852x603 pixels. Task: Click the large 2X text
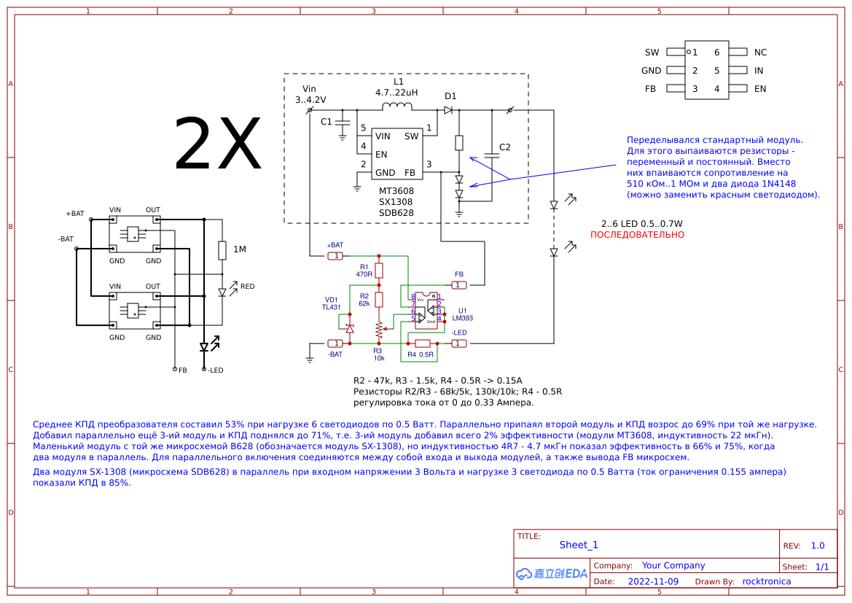click(217, 144)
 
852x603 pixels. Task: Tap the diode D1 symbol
click(448, 110)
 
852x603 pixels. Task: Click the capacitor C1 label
click(326, 121)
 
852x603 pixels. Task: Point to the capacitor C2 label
click(504, 147)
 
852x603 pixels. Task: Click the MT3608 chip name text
click(396, 190)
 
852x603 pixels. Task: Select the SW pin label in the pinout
click(652, 52)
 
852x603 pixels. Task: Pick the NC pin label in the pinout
click(760, 52)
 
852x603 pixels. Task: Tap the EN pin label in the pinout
click(760, 89)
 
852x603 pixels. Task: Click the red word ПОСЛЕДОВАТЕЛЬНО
click(637, 235)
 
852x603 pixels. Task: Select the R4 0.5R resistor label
click(421, 355)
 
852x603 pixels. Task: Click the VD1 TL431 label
click(332, 303)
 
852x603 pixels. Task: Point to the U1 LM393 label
click(463, 314)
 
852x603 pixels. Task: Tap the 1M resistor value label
click(239, 250)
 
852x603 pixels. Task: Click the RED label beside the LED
click(247, 287)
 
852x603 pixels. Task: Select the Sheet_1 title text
click(579, 545)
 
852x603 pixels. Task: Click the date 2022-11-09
click(652, 581)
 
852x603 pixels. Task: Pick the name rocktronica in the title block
click(766, 581)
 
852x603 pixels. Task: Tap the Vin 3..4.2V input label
click(310, 95)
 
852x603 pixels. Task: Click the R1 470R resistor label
click(364, 271)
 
